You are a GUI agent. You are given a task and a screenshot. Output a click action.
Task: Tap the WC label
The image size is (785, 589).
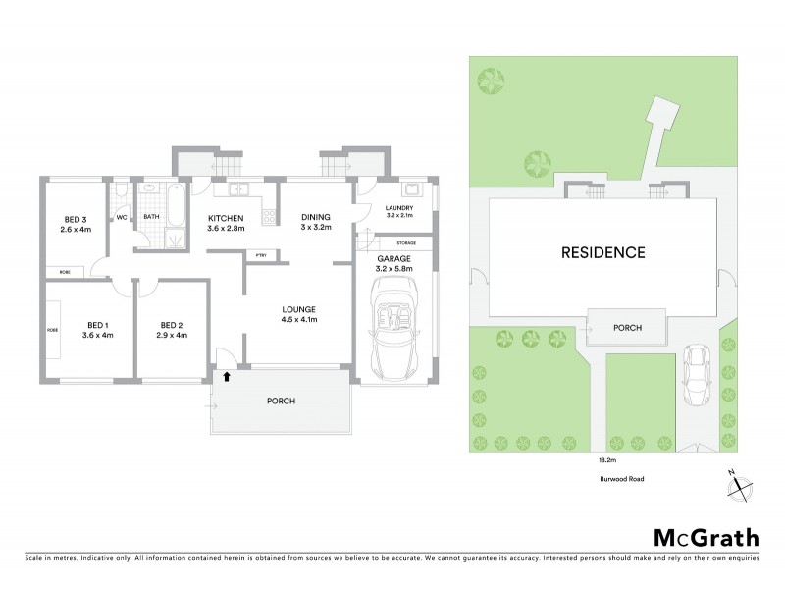pyautogui.click(x=122, y=217)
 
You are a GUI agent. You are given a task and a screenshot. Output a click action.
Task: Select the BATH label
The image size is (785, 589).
pyautogui.click(x=151, y=217)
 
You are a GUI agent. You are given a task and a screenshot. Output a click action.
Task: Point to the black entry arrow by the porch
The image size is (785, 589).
pyautogui.click(x=229, y=374)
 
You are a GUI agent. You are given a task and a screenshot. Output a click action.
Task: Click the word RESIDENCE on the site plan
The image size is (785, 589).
pyautogui.click(x=602, y=252)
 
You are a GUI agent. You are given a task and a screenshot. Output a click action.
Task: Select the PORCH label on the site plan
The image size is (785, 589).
pyautogui.click(x=627, y=327)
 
